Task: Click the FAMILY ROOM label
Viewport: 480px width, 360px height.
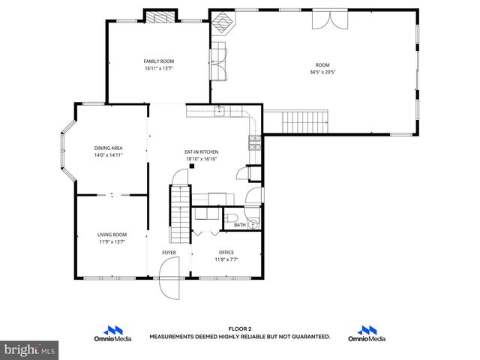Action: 158,61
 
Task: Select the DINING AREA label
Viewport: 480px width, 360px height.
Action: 108,148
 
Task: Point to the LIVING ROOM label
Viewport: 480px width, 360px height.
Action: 112,235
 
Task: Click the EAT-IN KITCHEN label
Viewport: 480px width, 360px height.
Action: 201,151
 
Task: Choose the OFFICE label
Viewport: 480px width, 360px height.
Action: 226,252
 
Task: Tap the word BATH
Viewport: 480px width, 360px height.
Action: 239,225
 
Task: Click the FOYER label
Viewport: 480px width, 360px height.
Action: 169,253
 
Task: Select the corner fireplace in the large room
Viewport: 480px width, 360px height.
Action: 223,25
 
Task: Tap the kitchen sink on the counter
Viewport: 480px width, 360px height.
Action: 220,112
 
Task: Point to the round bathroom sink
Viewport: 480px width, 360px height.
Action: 253,223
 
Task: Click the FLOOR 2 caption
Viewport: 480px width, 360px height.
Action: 239,328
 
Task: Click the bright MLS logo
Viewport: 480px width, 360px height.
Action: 30,350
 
